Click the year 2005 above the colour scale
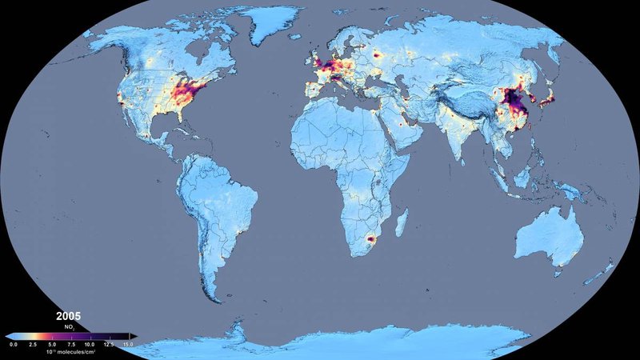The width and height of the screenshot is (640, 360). point(69,317)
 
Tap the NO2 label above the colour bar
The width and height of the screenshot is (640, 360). point(70,327)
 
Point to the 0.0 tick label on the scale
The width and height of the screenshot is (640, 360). point(13,344)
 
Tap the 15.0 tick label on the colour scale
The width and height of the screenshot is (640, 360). point(129,344)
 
